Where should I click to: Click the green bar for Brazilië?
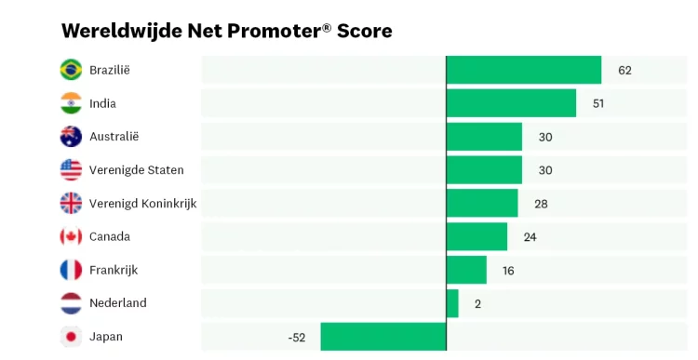click(x=524, y=70)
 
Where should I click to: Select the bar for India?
click(x=511, y=103)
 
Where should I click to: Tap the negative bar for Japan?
click(x=383, y=337)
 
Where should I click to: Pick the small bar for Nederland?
click(x=452, y=303)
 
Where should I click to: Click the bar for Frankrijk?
click(x=466, y=270)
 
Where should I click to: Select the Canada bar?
click(x=477, y=236)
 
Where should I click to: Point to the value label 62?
click(x=624, y=70)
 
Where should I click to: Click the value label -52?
click(x=297, y=337)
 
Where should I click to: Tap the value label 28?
click(x=541, y=203)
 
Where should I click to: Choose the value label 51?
click(x=598, y=103)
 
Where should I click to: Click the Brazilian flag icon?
click(x=71, y=70)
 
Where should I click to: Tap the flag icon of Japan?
click(x=71, y=337)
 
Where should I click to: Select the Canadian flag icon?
click(x=71, y=236)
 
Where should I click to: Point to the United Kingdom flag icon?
click(x=71, y=203)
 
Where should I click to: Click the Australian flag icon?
click(x=71, y=137)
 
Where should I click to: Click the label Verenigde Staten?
click(x=136, y=170)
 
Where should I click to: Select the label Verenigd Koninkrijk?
click(x=142, y=203)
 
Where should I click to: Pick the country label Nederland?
click(x=117, y=303)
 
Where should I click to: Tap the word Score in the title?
click(x=365, y=31)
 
